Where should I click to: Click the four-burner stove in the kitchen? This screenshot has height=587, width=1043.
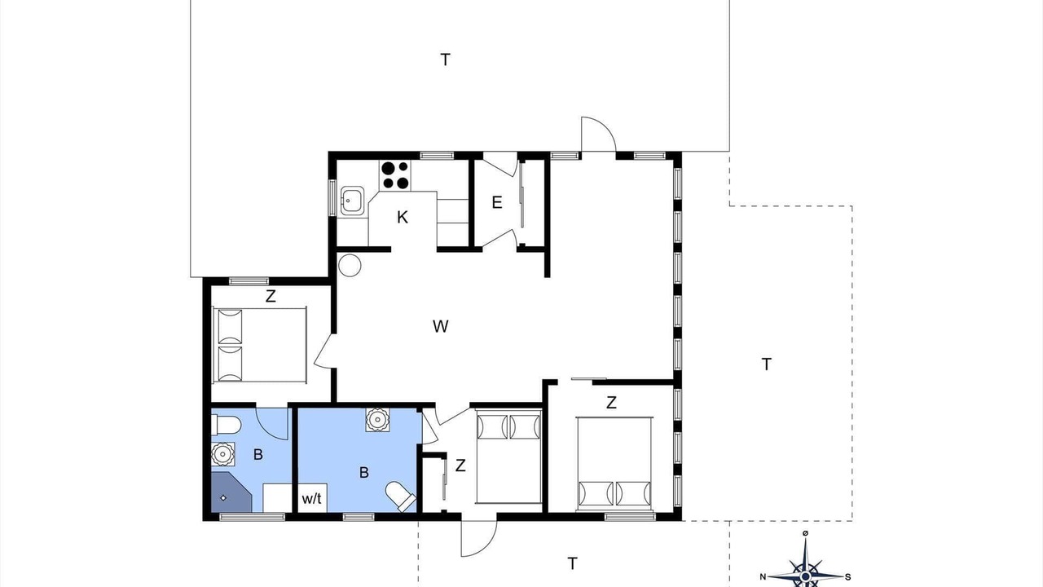(x=395, y=175)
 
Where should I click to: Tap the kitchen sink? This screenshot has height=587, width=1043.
(x=352, y=201)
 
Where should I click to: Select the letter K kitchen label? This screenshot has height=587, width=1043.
(x=403, y=217)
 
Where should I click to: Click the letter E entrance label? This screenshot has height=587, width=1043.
(x=497, y=203)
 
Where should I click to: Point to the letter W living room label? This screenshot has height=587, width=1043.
(x=441, y=326)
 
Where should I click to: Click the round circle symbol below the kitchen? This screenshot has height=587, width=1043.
(x=350, y=265)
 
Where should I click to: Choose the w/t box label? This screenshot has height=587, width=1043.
(x=311, y=499)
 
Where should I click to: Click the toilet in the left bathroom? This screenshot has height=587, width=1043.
(x=226, y=425)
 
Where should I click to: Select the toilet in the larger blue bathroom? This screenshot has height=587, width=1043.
(x=400, y=497)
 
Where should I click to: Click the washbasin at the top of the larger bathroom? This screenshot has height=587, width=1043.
(x=377, y=420)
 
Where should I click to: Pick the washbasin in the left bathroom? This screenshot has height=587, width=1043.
(x=222, y=454)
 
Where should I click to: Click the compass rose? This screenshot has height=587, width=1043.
(x=806, y=571)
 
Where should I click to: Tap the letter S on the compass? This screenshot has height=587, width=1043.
(x=848, y=577)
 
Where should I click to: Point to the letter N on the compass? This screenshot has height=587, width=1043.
(x=763, y=577)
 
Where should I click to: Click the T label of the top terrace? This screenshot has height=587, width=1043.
(x=445, y=60)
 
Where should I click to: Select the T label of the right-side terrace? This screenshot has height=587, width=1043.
(x=766, y=364)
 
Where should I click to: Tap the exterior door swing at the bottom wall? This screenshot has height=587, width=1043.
(x=478, y=539)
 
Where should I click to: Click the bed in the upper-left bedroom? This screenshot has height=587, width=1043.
(x=259, y=345)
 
